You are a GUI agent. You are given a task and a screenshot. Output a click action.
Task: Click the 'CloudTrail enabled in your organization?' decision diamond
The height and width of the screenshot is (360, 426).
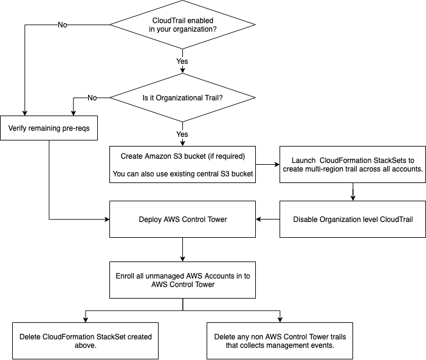pyautogui.click(x=182, y=25)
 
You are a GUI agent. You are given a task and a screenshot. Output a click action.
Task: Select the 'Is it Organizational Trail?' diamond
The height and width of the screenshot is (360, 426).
pyautogui.click(x=182, y=97)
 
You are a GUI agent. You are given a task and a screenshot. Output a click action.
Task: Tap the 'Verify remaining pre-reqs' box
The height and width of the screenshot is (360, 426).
pyautogui.click(x=48, y=128)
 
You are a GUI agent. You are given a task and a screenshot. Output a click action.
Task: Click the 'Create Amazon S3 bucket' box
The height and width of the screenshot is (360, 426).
pyautogui.click(x=182, y=164)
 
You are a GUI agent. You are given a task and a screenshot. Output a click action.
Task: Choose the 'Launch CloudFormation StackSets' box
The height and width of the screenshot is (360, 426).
pyautogui.click(x=353, y=164)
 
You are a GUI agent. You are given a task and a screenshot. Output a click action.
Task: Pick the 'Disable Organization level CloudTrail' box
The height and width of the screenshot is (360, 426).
pyautogui.click(x=353, y=219)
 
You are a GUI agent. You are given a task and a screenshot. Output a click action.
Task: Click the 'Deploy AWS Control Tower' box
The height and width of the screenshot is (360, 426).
pyautogui.click(x=182, y=219)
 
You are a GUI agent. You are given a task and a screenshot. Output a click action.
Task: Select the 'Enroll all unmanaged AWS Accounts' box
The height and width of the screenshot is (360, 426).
pyautogui.click(x=182, y=280)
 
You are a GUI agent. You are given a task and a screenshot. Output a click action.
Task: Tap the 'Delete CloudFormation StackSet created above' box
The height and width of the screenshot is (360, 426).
pyautogui.click(x=85, y=341)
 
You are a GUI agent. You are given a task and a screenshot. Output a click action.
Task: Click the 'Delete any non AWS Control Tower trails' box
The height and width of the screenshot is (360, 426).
pyautogui.click(x=280, y=341)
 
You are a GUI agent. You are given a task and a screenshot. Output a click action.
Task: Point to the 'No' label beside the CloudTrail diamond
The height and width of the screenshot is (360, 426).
pyautogui.click(x=63, y=25)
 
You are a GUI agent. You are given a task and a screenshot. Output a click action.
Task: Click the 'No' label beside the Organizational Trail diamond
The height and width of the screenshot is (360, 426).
pyautogui.click(x=92, y=97)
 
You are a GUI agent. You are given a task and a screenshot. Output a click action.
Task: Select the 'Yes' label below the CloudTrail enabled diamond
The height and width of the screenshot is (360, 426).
pyautogui.click(x=182, y=61)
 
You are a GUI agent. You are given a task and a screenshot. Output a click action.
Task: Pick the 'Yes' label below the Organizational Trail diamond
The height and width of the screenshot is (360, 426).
pyautogui.click(x=182, y=133)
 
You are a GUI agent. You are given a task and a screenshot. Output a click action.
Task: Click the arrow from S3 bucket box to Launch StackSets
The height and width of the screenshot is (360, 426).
pyautogui.click(x=267, y=164)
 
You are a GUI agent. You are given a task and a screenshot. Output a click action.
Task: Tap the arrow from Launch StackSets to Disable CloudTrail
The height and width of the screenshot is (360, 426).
pyautogui.click(x=353, y=192)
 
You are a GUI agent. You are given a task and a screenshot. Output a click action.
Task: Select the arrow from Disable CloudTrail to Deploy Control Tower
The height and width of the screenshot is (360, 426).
pyautogui.click(x=267, y=219)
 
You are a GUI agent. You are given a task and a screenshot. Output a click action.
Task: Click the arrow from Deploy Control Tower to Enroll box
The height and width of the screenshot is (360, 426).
pyautogui.click(x=182, y=249)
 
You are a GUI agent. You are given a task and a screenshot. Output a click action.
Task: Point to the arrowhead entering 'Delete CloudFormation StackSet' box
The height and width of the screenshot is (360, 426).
pyautogui.click(x=85, y=319)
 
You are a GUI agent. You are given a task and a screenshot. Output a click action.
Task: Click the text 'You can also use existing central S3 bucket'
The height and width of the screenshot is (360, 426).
pyautogui.click(x=182, y=174)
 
